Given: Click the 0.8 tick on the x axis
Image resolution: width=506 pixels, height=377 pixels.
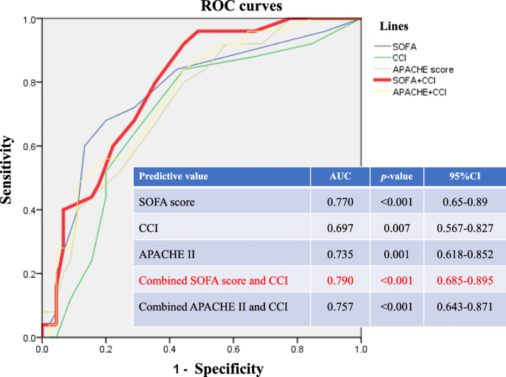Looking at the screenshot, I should (x=297, y=348).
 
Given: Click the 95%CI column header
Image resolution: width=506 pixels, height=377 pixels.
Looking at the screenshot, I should (x=459, y=177).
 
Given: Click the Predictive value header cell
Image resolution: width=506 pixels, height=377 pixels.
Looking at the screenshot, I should (x=174, y=177).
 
